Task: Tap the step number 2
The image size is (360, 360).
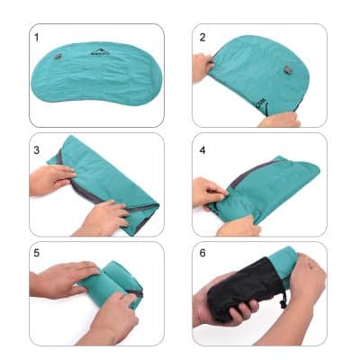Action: pyautogui.click(x=203, y=38)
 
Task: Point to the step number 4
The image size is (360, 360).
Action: pyautogui.click(x=203, y=147)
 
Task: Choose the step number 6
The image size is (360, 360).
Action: pyautogui.click(x=203, y=255)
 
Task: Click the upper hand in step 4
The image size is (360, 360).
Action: pyautogui.click(x=209, y=191)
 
